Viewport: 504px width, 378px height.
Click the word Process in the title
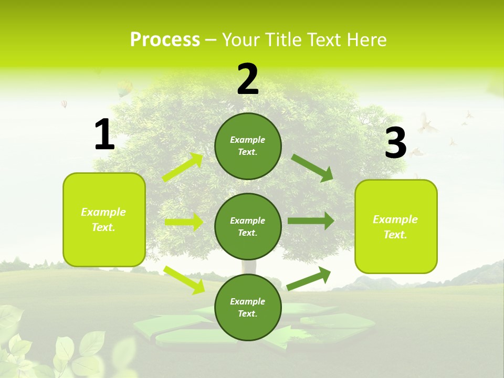pyautogui.click(x=165, y=40)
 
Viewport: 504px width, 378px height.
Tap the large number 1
pyautogui.click(x=104, y=135)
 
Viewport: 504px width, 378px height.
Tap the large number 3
pyautogui.click(x=395, y=143)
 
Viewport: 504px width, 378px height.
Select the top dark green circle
pyautogui.click(x=248, y=146)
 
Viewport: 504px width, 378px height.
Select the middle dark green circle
pyautogui.click(x=248, y=226)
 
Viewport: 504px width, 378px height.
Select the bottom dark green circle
pyautogui.click(x=248, y=307)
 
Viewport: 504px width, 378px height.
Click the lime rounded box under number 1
pyautogui.click(x=104, y=219)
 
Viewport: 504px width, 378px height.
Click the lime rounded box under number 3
pyautogui.click(x=396, y=226)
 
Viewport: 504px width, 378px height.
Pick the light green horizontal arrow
pyautogui.click(x=184, y=222)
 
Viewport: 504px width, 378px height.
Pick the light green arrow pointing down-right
pyautogui.click(x=184, y=279)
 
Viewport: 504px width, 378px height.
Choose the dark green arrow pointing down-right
pyautogui.click(x=312, y=167)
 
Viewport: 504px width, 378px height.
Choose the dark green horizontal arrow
pyautogui.click(x=310, y=221)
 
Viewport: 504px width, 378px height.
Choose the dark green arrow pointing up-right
pyautogui.click(x=309, y=278)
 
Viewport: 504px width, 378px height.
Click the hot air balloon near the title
pyautogui.click(x=124, y=88)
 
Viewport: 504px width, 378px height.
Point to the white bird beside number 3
pyautogui.click(x=427, y=124)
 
